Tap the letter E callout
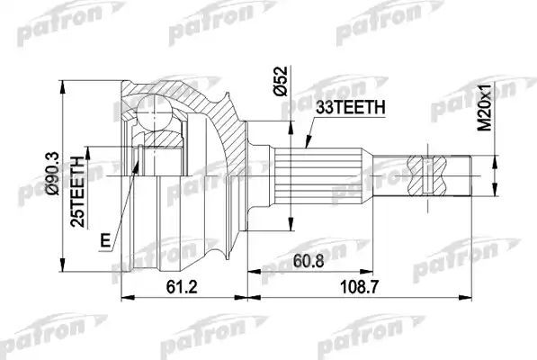(x=106, y=240)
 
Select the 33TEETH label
(x=350, y=107)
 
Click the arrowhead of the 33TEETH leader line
(x=305, y=148)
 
